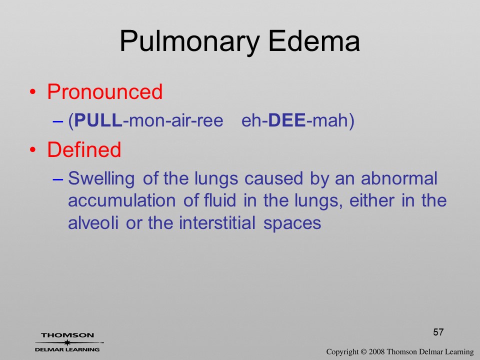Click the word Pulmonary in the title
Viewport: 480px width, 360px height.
point(190,42)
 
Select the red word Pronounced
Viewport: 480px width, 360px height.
point(104,91)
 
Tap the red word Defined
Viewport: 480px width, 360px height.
point(84,149)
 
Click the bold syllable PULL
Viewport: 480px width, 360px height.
point(98,120)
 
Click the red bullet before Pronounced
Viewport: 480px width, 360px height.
point(33,92)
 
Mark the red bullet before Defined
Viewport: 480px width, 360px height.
point(33,149)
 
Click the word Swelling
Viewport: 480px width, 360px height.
point(101,179)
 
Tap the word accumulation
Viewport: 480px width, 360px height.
point(122,200)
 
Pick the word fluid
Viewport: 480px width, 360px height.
point(220,200)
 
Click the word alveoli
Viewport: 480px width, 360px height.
point(93,222)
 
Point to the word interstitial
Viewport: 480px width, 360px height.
point(217,222)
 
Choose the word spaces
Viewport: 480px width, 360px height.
point(292,223)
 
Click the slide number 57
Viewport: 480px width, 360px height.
point(438,332)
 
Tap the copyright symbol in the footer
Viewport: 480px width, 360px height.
point(363,352)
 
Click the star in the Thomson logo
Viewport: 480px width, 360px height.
point(67,342)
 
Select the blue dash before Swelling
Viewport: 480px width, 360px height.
point(58,179)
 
